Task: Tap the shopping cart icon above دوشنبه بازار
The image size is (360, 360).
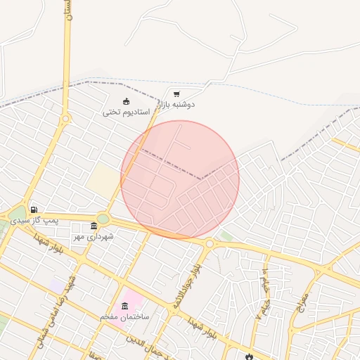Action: coord(176,94)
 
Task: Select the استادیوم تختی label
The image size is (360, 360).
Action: coord(127,112)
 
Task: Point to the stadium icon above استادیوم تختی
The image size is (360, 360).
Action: coord(126,101)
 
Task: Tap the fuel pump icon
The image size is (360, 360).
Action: coord(34,210)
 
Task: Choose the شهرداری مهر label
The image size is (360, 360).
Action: coord(94,236)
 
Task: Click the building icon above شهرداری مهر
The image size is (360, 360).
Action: coord(94,226)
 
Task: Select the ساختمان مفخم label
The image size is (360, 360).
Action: coord(126,317)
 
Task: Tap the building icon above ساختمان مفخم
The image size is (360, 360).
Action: coord(125,306)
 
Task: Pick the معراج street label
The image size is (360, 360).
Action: coord(302,300)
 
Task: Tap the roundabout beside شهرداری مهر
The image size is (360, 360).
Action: coord(103,219)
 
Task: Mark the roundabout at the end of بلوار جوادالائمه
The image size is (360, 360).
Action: coord(209,243)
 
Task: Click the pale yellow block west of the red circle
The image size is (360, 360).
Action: coord(103,180)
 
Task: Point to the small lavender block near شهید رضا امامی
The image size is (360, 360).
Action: coord(55,287)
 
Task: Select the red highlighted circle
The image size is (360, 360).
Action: coord(180,179)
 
